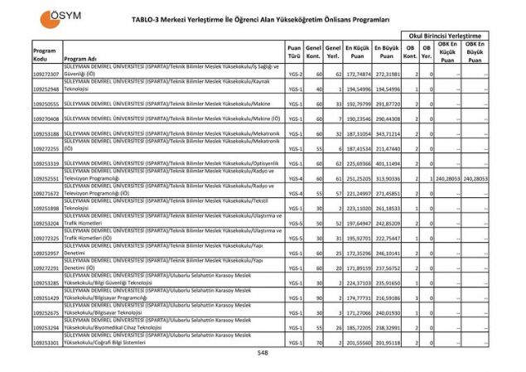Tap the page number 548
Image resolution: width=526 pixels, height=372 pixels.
pos(263,352)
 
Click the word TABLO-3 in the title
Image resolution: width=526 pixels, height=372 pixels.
pos(148,17)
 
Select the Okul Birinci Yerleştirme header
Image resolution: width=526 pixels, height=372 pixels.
pos(444,36)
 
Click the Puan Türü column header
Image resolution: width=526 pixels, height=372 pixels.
pos(294,53)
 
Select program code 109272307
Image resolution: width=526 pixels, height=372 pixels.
pos(46,75)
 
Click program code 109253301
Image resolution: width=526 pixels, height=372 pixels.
pos(46,341)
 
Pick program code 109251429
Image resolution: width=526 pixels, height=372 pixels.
pos(46,297)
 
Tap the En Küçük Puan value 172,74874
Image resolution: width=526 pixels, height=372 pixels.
pos(358,75)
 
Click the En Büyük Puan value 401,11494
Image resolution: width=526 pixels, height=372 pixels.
pos(388,163)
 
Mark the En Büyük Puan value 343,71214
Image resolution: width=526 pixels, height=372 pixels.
pos(388,133)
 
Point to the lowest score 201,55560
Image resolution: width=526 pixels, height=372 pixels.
pos(358,341)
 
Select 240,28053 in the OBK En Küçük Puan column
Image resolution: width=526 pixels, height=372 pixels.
pos(447,178)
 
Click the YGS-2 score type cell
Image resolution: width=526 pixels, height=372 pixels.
pos(294,75)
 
